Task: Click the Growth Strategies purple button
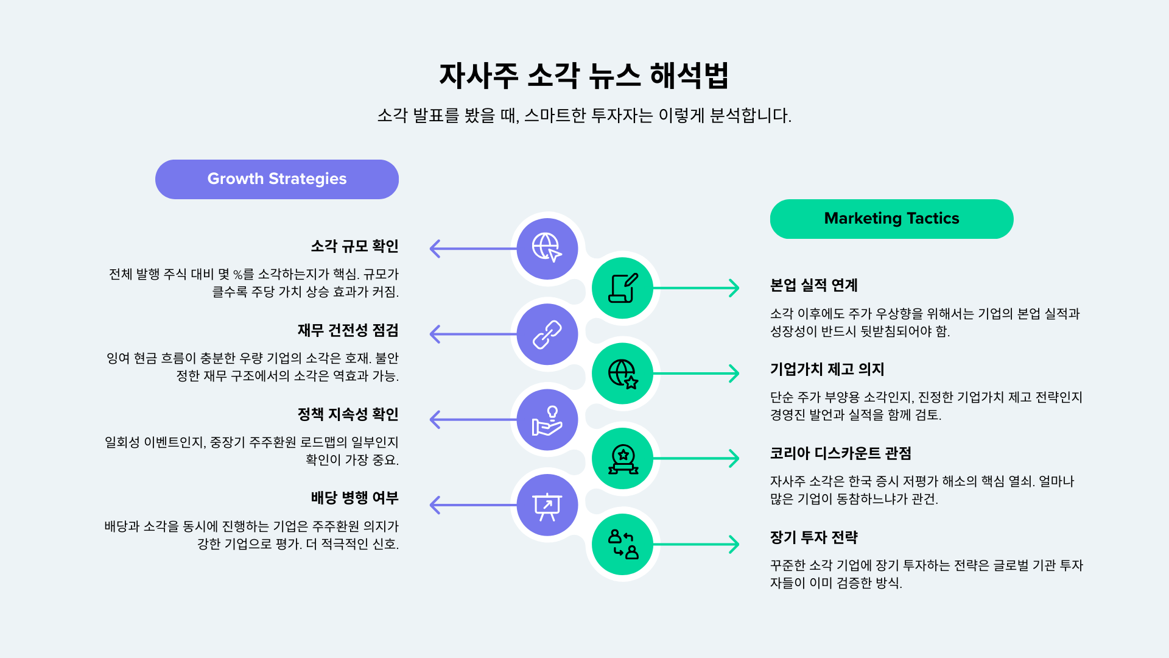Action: (277, 179)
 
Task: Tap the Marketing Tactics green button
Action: (891, 219)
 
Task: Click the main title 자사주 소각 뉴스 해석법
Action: (584, 76)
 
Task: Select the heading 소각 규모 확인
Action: (354, 246)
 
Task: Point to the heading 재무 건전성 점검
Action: (348, 330)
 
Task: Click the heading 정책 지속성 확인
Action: (348, 414)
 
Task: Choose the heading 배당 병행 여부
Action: (354, 498)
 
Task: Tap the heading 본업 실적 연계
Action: (813, 285)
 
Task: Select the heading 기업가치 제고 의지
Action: (827, 369)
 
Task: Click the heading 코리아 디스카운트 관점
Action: (840, 453)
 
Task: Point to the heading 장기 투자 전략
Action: (813, 537)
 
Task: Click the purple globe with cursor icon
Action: (547, 248)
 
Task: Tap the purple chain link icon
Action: (547, 334)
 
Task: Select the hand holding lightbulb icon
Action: (547, 420)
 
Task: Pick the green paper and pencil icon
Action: (623, 288)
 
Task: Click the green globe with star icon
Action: (623, 373)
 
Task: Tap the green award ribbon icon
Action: (623, 459)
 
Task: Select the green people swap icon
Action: (623, 544)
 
